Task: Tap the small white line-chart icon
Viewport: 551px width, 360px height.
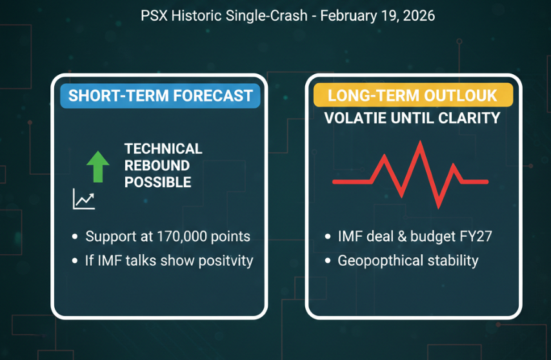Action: (84, 199)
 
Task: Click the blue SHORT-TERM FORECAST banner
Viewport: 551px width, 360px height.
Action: (160, 96)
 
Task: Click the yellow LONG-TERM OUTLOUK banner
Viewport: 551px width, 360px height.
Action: (412, 96)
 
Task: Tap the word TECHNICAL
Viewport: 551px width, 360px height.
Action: (163, 149)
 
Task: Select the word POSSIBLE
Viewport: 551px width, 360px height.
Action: (158, 183)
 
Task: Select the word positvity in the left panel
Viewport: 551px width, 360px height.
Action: (223, 261)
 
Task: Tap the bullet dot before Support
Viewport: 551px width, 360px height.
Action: (75, 237)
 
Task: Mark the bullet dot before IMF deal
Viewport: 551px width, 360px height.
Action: (328, 237)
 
